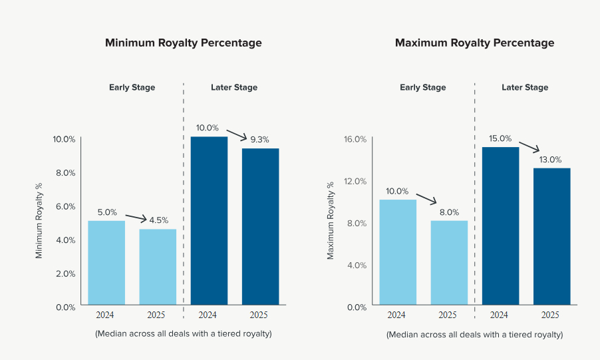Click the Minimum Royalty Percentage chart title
183,43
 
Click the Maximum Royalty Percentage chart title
474,43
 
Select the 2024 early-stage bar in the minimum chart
106,263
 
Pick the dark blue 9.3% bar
260,226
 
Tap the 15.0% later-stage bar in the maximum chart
500,226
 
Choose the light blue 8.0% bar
449,263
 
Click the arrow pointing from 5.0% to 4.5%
135,217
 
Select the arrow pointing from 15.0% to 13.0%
529,146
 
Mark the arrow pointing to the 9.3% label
236,133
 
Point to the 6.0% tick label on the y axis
65,206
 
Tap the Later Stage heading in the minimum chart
234,87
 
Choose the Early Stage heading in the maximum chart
423,87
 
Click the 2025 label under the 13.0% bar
550,315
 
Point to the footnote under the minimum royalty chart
184,333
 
